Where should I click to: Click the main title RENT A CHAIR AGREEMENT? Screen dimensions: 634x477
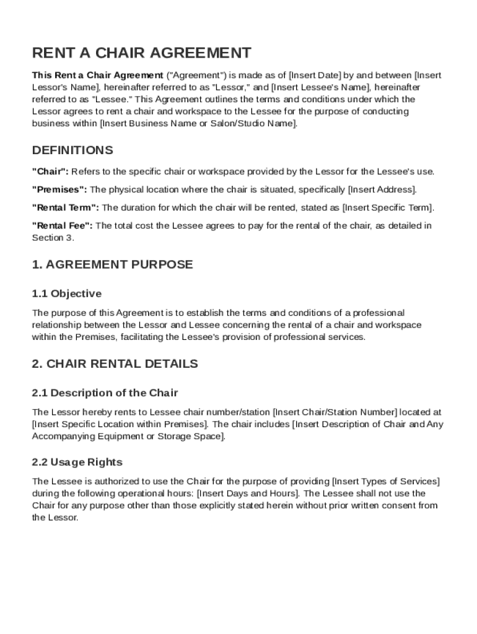pos(141,53)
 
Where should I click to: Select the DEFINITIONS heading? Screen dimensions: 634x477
pos(72,150)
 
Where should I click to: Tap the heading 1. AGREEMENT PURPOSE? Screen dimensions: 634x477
pos(112,265)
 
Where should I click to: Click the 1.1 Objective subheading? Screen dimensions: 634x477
pos(66,293)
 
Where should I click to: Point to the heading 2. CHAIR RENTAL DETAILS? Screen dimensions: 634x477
pos(115,364)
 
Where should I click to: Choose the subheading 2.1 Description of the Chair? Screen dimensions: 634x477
pos(105,393)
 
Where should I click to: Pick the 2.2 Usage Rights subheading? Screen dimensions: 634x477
pos(77,462)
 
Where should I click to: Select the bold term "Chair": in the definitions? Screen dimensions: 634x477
pos(50,172)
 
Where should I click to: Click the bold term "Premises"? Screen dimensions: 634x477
pos(59,189)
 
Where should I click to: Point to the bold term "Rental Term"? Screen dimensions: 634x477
pos(65,207)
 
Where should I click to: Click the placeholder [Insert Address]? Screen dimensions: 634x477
pos(382,189)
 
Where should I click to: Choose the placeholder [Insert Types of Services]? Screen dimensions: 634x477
pos(386,481)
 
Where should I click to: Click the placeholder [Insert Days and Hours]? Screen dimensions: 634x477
pos(248,493)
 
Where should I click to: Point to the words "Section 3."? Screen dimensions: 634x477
pos(53,238)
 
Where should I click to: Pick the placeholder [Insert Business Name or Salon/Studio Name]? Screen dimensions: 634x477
pos(198,124)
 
